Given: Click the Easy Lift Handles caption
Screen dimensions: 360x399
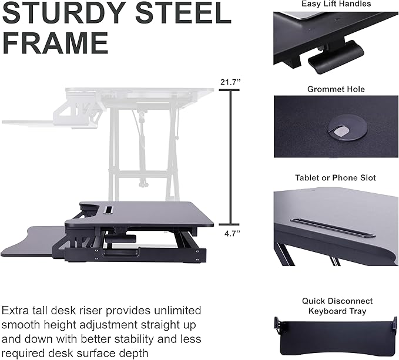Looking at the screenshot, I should click(x=337, y=4).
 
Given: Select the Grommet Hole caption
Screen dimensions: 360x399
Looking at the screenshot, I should click(x=336, y=89).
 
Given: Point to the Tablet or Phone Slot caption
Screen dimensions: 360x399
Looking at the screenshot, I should click(x=335, y=177).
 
